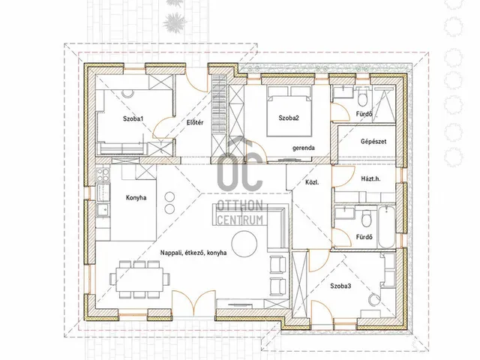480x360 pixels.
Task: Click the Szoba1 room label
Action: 133,118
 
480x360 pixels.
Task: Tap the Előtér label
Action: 195,122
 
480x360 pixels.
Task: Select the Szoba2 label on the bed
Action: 289,118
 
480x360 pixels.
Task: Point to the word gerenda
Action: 303,148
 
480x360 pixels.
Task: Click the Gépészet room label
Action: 373,142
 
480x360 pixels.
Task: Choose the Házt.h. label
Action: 370,178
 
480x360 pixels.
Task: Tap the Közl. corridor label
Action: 312,182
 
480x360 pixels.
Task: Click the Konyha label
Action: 136,198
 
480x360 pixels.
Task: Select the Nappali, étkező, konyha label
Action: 193,253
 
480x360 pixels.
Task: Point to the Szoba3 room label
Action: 340,286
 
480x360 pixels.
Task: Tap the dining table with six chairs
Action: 139,279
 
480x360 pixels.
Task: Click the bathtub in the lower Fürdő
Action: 386,226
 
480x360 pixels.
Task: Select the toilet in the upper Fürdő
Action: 362,97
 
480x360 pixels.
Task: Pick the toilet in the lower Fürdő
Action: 366,217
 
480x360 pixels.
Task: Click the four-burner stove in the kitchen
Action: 102,175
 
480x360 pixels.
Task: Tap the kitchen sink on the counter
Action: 103,210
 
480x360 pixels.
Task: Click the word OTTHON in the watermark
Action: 240,205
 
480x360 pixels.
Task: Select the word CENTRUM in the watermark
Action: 240,220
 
